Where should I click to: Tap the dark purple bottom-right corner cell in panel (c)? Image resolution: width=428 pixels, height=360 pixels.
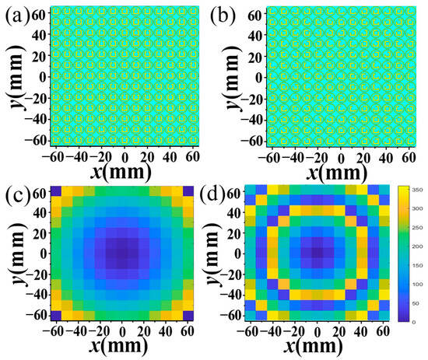[188, 316]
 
